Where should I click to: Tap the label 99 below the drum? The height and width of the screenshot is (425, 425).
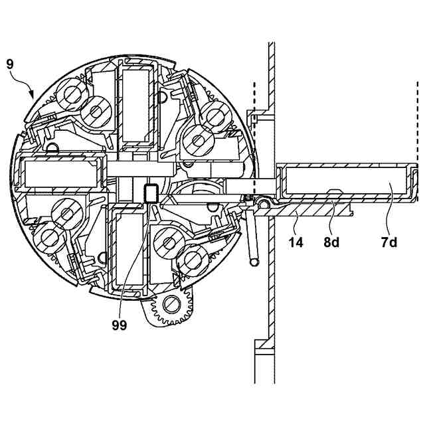click(120, 325)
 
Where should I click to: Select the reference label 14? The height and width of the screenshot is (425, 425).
click(296, 243)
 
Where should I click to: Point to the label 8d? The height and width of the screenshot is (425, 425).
click(331, 243)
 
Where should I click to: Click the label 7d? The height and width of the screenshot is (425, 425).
click(389, 243)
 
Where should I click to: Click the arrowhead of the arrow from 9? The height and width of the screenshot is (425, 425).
click(34, 96)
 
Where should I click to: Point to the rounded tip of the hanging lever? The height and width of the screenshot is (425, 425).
click(253, 262)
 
